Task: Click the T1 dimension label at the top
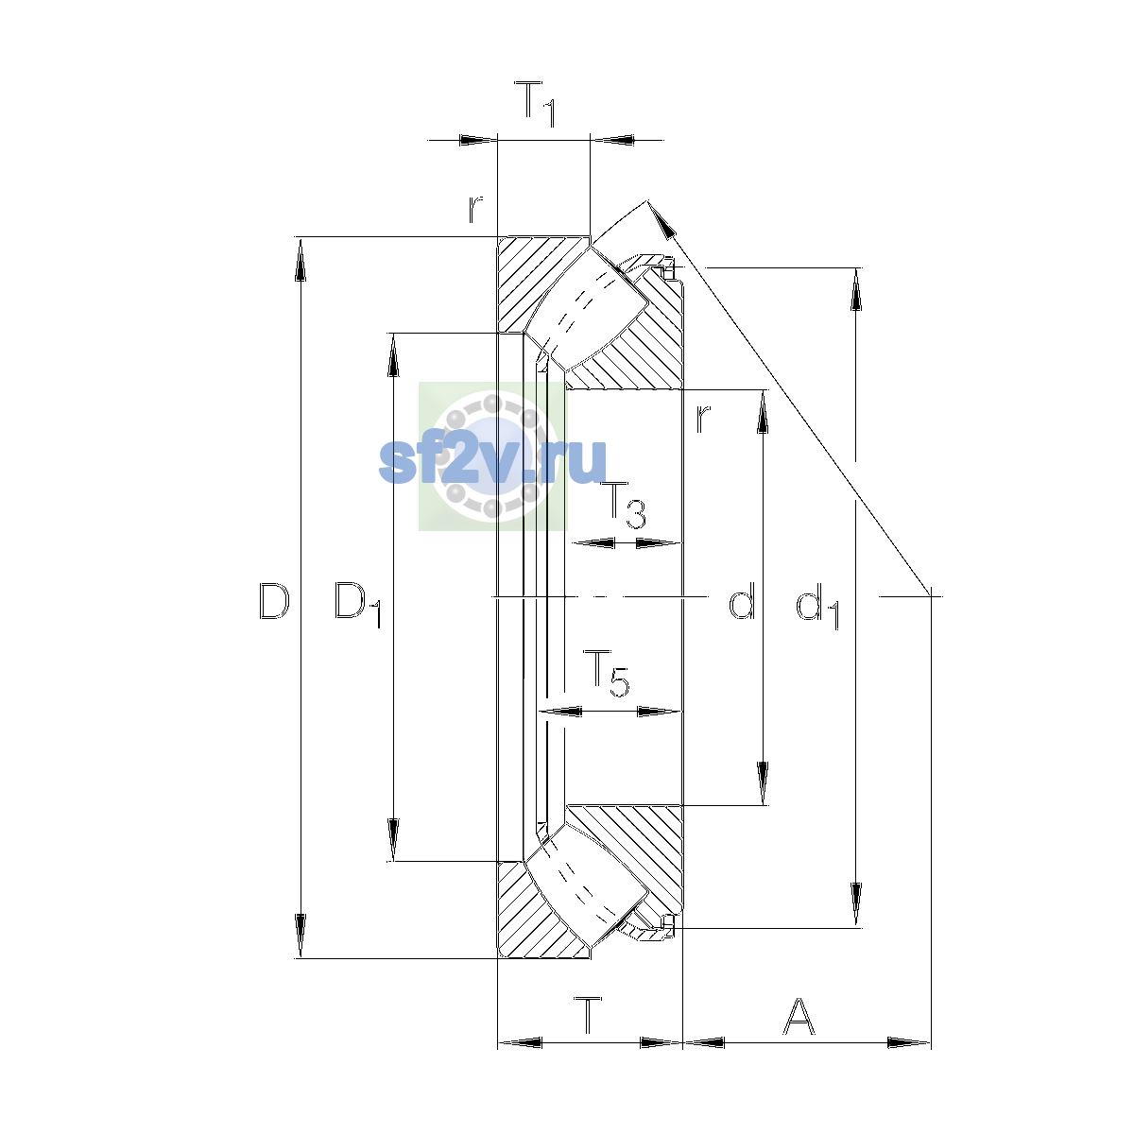[534, 104]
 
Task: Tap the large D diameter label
[274, 601]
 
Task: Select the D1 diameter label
[358, 605]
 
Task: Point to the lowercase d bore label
[742, 601]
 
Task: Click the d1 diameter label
[817, 606]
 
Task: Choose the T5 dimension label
[606, 673]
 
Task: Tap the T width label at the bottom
[588, 1015]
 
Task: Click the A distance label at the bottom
[799, 1016]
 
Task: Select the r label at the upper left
[475, 210]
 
